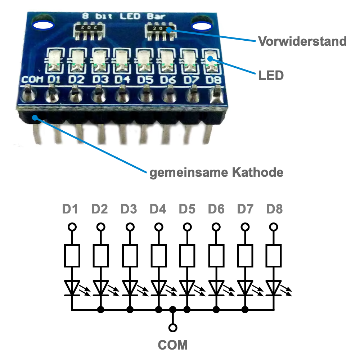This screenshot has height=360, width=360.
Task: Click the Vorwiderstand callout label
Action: pyautogui.click(x=302, y=41)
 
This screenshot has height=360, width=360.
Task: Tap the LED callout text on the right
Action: pyautogui.click(x=271, y=76)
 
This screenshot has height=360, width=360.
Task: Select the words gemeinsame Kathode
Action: pyautogui.click(x=216, y=172)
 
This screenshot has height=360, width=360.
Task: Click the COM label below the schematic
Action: pyautogui.click(x=173, y=345)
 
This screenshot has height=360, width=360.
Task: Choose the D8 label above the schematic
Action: pyautogui.click(x=274, y=209)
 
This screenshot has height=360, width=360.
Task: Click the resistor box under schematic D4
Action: pyautogui.click(x=158, y=255)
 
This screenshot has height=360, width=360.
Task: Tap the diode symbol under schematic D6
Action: pyautogui.click(x=216, y=288)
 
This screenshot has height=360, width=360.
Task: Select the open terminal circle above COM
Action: pyautogui.click(x=173, y=328)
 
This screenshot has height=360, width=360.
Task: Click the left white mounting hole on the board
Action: pyautogui.click(x=43, y=26)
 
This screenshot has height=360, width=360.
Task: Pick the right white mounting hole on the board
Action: pyautogui.click(x=201, y=26)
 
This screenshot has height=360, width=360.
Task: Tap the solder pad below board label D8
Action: pyautogui.click(x=216, y=94)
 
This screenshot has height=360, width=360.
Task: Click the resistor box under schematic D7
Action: pyautogui.click(x=245, y=255)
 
